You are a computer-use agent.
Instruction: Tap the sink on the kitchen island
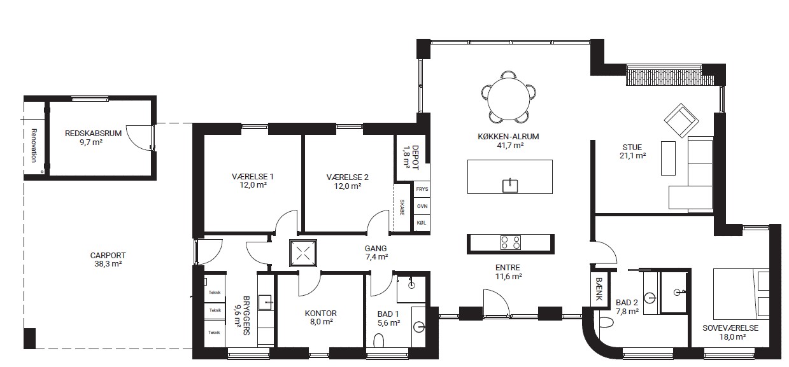(509, 185)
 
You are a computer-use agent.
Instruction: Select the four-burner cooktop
(510, 242)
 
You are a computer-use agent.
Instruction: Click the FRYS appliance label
(422, 189)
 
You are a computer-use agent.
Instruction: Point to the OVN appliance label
(422, 206)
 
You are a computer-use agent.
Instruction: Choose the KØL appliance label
(422, 223)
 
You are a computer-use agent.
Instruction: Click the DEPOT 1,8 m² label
(410, 157)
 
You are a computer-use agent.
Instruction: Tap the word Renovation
(34, 145)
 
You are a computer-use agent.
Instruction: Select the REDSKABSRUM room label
(93, 134)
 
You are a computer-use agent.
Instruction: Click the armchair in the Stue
(681, 120)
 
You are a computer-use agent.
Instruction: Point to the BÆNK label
(599, 289)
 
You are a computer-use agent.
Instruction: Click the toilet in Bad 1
(379, 340)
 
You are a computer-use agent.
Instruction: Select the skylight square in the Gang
(303, 253)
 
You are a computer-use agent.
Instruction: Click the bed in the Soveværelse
(741, 294)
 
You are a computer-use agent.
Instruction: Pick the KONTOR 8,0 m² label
(320, 317)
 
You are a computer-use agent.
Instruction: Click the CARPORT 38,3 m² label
(108, 260)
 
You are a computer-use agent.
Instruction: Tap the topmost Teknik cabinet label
(214, 293)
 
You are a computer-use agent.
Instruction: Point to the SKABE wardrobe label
(402, 207)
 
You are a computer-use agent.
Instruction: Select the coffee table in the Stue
(668, 158)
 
